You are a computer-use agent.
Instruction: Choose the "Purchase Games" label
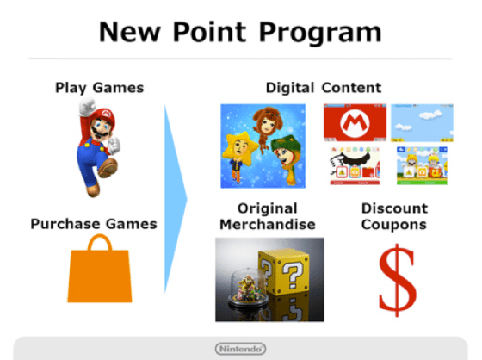click(x=94, y=224)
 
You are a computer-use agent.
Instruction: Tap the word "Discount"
click(x=393, y=209)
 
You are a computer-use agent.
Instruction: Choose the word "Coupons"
click(x=393, y=225)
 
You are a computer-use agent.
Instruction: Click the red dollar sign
click(x=394, y=280)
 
